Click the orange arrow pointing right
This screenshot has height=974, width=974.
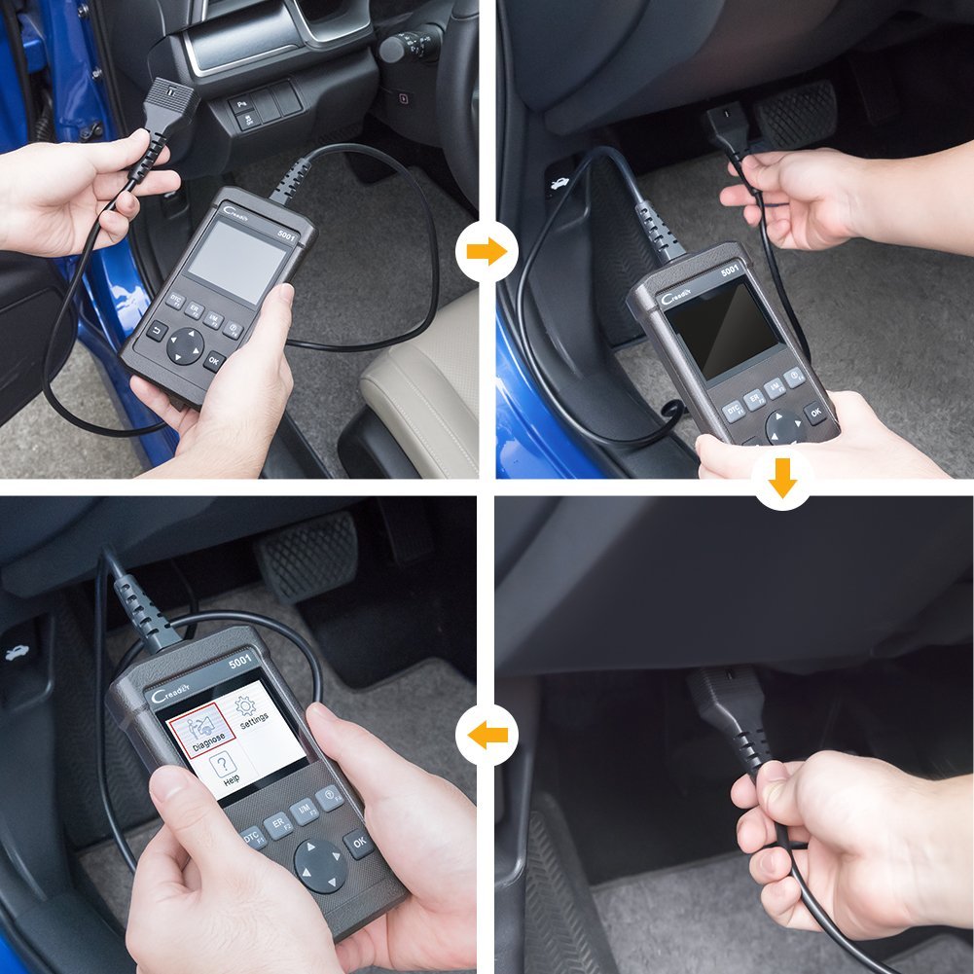[487, 252]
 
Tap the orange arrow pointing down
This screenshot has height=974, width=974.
[782, 479]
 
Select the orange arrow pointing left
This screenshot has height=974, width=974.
[487, 735]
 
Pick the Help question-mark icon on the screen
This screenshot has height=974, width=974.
[226, 769]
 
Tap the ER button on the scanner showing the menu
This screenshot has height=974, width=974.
[278, 825]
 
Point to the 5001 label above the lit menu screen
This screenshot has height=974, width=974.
[241, 663]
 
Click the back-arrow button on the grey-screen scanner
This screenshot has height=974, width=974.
[157, 330]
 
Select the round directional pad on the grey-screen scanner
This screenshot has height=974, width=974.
[187, 345]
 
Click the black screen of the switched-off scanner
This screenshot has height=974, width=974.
[722, 329]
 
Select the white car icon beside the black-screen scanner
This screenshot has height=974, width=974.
[563, 183]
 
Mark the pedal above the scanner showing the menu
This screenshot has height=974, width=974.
[307, 554]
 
